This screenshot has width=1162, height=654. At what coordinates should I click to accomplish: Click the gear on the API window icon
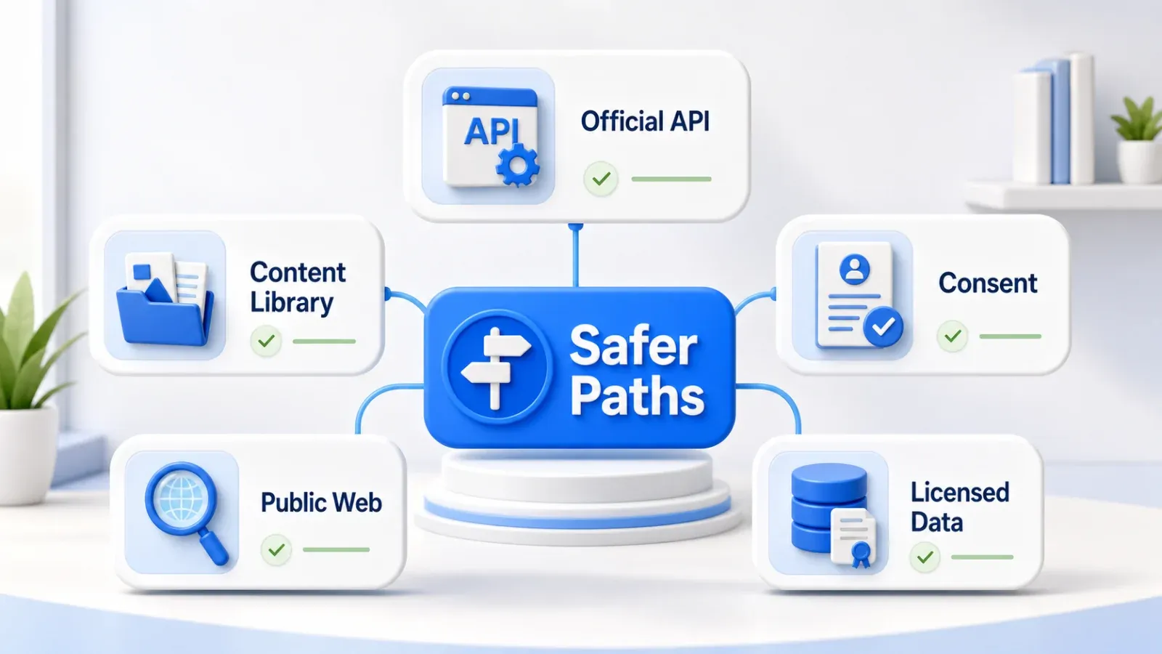coord(518,164)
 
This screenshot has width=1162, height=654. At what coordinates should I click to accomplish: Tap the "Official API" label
coord(645,121)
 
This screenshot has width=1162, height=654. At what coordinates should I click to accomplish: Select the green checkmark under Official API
coord(601,179)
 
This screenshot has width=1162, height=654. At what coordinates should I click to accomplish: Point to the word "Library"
coord(291,302)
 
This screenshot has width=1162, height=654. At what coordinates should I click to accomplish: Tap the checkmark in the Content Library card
coord(266,341)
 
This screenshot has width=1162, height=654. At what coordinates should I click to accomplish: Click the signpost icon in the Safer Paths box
coord(496,368)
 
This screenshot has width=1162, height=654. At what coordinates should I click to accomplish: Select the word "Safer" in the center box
coord(633,346)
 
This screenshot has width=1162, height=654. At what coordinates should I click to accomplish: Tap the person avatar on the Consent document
coord(854,268)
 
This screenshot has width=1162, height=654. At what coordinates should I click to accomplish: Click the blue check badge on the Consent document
coord(883,326)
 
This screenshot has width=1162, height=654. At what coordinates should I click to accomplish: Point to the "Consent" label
coord(988,283)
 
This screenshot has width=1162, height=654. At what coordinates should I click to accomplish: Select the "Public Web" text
coord(321,502)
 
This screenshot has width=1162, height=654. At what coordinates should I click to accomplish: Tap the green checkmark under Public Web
coord(276,549)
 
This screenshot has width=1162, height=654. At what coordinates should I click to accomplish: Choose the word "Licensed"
coord(959,493)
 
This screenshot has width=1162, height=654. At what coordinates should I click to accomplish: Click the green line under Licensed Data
coord(982,557)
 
